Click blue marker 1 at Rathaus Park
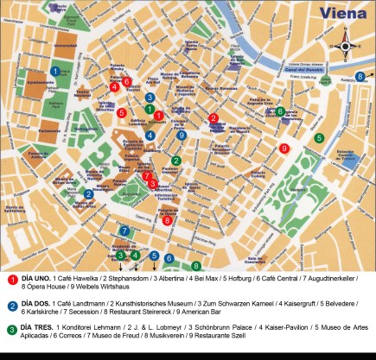pyautogui.click(x=55, y=71)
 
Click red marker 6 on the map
pyautogui.click(x=126, y=82)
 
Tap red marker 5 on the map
pyautogui.click(x=122, y=112)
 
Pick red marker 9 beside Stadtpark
pyautogui.click(x=284, y=148)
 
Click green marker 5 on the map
pyautogui.click(x=319, y=137)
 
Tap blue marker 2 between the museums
pyautogui.click(x=89, y=194)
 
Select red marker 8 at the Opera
pyautogui.click(x=167, y=220)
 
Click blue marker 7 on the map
pyautogui.click(x=124, y=231)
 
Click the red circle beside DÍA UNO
pyautogui.click(x=12, y=280)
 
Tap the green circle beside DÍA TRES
pyautogui.click(x=12, y=329)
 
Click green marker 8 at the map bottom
pyautogui.click(x=196, y=266)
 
